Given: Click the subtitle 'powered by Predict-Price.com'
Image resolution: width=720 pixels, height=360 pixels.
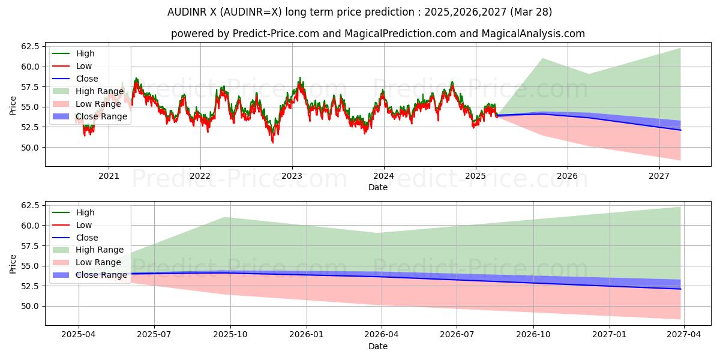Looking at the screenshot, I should click(377, 34).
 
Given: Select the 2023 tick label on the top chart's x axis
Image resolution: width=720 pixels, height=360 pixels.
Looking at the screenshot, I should click(292, 176).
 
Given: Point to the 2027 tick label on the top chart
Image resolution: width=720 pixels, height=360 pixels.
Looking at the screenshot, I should click(659, 176).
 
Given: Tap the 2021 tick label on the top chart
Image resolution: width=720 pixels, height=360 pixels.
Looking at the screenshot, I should click(108, 176).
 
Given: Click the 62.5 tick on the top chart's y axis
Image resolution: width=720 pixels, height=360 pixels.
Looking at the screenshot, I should click(30, 46).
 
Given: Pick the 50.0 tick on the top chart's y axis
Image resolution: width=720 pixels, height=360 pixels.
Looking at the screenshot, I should click(30, 147).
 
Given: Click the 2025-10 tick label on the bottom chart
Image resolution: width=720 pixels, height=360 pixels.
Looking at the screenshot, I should click(230, 335).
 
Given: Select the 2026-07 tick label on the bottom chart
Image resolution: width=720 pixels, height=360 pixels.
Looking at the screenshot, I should click(457, 335).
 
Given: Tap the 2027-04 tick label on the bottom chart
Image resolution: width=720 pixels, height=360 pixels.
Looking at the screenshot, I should click(685, 335).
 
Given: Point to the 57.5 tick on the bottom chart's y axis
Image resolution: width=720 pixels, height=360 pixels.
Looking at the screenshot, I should click(30, 245).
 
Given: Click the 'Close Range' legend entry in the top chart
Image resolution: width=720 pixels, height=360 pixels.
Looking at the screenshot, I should click(101, 116).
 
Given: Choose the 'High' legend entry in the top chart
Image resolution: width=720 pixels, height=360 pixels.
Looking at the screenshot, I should click(85, 53).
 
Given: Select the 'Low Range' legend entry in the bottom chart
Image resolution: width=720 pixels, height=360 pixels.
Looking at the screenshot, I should click(98, 263).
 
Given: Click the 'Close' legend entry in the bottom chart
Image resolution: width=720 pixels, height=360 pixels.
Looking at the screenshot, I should click(86, 238).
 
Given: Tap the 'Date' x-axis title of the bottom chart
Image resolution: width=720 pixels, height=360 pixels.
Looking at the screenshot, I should click(377, 346).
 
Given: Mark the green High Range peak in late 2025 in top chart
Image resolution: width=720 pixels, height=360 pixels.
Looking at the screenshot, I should click(542, 59).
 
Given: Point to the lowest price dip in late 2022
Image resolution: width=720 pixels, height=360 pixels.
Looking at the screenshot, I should click(272, 142).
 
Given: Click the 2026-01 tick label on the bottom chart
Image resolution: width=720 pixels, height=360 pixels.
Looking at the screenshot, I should click(307, 335).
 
